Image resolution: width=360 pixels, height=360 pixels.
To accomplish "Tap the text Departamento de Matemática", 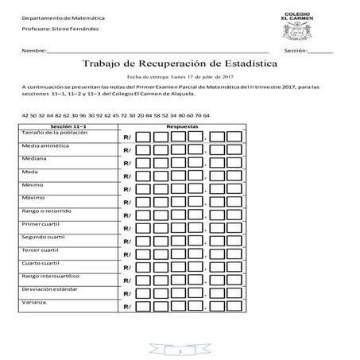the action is (56, 17).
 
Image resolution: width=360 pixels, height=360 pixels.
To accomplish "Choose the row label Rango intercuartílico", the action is (54, 276).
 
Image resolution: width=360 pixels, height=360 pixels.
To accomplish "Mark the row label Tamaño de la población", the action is (53, 132).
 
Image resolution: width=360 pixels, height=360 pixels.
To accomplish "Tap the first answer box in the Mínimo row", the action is (143, 190).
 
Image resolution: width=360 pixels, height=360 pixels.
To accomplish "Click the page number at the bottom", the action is (180, 350).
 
